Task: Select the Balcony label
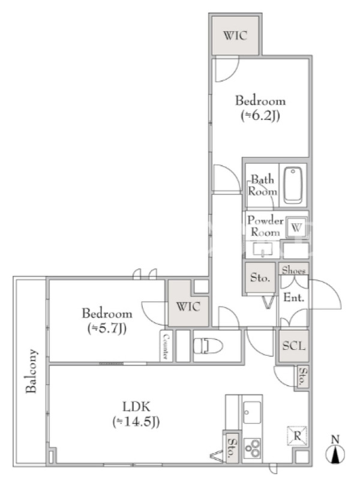point(31,371)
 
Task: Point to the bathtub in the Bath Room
point(293,185)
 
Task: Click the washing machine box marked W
point(296,227)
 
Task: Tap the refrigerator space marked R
point(297,436)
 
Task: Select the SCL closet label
point(293,346)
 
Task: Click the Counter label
point(166,346)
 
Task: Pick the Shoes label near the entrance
point(293,270)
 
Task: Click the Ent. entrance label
point(294,297)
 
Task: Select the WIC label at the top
point(235,35)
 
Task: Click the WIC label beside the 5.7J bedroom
point(188,307)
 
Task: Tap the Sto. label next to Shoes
point(260,277)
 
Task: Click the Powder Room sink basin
point(263,249)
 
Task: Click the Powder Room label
point(265,226)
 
